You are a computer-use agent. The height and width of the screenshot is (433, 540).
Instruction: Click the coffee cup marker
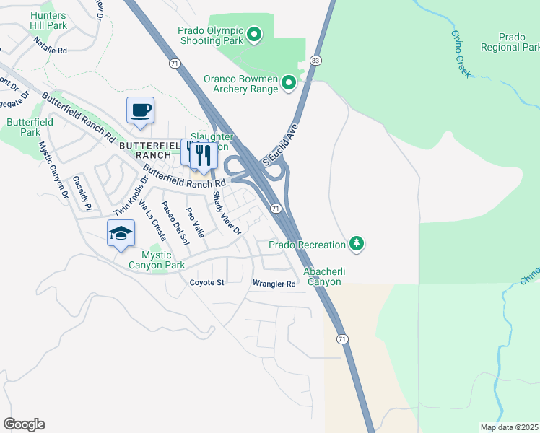coord(140,110)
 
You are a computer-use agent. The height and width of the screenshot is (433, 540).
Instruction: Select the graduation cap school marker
coord(121,233)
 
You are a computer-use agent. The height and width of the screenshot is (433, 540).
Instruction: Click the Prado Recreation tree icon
coord(356,245)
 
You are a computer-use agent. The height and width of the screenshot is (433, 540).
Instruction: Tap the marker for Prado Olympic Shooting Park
coord(254,34)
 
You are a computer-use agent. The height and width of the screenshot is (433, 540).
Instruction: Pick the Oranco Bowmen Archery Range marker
coord(289,83)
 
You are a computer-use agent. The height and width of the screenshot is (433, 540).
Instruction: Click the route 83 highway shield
coord(315,61)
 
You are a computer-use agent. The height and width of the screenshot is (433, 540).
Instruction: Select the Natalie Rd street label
coord(51,51)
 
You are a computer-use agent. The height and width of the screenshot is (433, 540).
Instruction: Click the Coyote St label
coord(207,283)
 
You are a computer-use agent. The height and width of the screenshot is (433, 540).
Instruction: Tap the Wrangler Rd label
coord(274,284)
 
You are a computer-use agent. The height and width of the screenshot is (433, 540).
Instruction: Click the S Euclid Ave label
coord(281,144)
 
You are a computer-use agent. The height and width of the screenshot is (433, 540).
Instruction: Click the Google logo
coord(24,424)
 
